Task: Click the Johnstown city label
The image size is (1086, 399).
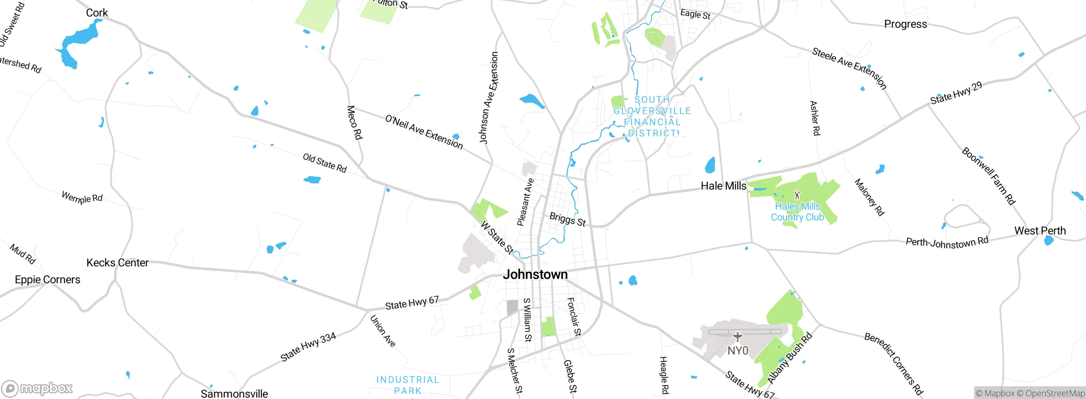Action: click(x=535, y=275)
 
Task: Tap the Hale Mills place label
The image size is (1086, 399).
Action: click(x=723, y=186)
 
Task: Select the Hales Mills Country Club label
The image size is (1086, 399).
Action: click(x=797, y=212)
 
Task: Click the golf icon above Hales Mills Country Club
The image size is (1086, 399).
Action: click(x=797, y=195)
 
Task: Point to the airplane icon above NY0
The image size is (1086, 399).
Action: click(x=738, y=337)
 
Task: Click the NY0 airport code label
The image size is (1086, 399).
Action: click(x=738, y=351)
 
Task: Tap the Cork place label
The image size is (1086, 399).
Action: click(x=97, y=13)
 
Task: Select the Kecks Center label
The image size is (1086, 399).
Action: click(x=118, y=263)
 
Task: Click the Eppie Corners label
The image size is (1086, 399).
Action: click(x=48, y=280)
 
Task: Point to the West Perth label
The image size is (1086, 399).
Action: click(x=1040, y=231)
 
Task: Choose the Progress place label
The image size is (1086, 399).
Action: click(x=905, y=24)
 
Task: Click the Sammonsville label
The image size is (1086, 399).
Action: click(x=234, y=393)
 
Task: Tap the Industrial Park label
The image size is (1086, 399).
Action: click(x=407, y=385)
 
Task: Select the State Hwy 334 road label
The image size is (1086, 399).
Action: click(x=308, y=347)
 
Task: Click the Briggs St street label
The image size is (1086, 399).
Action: click(x=568, y=219)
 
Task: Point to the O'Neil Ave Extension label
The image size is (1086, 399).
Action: click(x=424, y=132)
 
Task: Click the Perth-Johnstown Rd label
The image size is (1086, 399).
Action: click(x=947, y=242)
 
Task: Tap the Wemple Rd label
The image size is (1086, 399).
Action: click(x=82, y=197)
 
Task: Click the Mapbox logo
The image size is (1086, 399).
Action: click(x=37, y=388)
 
